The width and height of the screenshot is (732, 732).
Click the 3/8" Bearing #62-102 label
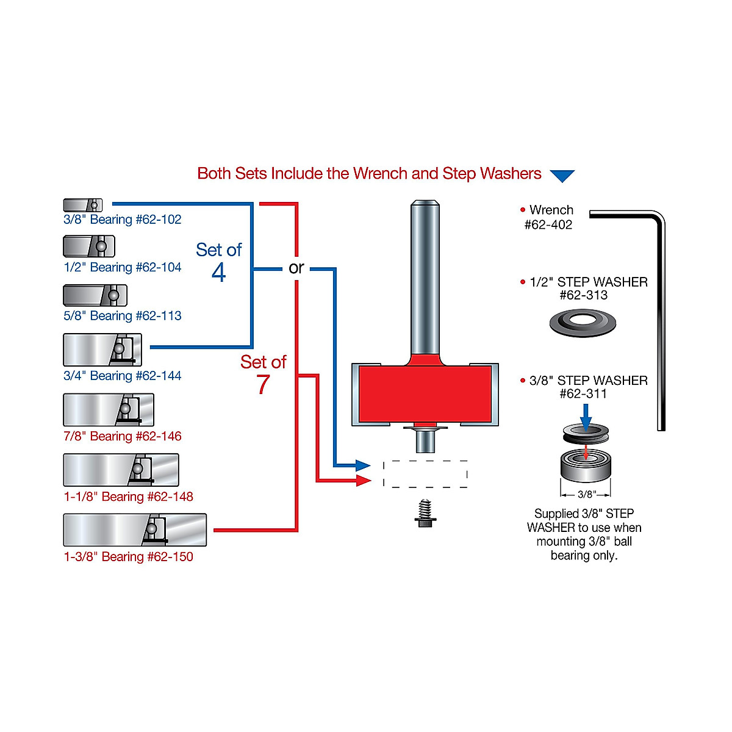pos(122,220)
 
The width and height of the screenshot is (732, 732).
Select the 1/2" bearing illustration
pos(89,246)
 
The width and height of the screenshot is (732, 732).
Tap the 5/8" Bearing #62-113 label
pos(122,316)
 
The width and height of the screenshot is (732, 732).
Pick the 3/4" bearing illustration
pos(102,350)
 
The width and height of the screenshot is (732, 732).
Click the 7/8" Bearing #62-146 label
pos(122,436)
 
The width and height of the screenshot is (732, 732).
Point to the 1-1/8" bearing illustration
pos(121,470)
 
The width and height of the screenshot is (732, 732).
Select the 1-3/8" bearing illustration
pos(135,530)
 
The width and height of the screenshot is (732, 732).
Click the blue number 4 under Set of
pos(219,272)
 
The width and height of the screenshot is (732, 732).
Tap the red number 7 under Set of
pos(263,384)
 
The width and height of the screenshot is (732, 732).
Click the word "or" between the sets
pos(296,268)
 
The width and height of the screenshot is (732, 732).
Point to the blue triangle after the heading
pos(562,176)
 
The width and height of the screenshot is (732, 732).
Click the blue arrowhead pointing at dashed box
pos(363,466)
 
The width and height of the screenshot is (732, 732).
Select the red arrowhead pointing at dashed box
pos(363,481)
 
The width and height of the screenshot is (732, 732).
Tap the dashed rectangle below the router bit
pos(425,474)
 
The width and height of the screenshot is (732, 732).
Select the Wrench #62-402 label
pos(549,217)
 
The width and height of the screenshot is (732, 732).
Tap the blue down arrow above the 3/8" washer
pos(586,417)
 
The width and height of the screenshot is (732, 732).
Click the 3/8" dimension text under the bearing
pos(586,494)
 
